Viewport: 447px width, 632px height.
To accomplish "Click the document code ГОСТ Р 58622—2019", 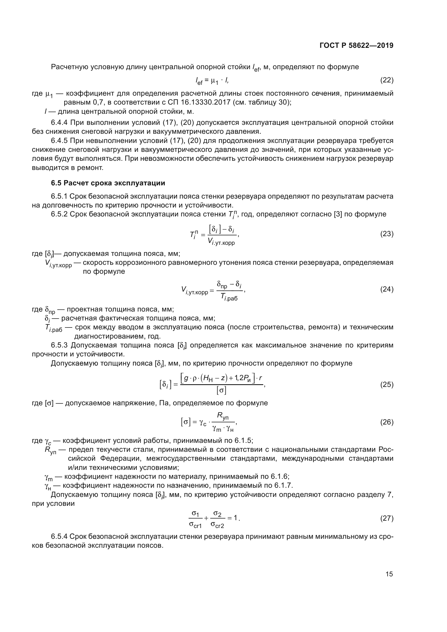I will click(x=356, y=45).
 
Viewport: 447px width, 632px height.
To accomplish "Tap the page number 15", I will click(x=389, y=574).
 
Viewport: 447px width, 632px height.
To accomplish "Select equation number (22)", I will click(x=387, y=80).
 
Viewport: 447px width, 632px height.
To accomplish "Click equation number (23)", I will click(x=387, y=234).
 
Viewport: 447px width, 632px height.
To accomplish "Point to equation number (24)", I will click(x=387, y=289).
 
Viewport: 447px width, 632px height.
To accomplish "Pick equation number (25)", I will click(x=387, y=384).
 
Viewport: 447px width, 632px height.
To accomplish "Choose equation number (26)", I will click(x=387, y=422).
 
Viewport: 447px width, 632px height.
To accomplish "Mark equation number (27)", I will click(x=387, y=518).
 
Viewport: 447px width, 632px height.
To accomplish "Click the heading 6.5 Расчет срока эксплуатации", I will click(x=108, y=183).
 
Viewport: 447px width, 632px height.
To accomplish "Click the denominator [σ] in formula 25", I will click(x=221, y=390).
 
